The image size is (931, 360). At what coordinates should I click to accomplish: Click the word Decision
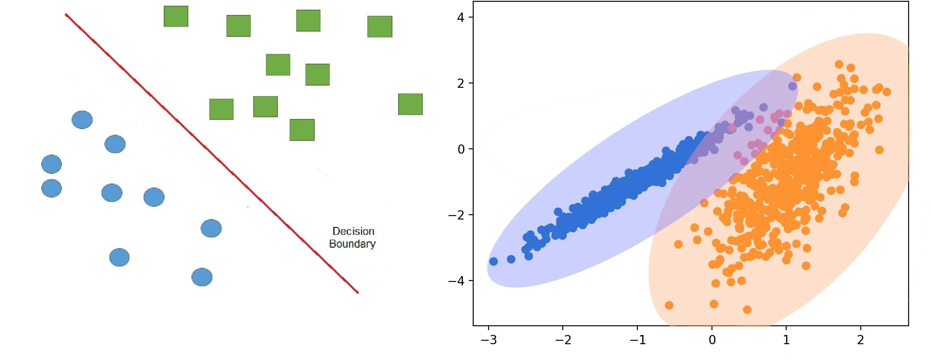(x=353, y=231)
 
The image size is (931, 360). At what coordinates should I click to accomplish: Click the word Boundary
(x=352, y=244)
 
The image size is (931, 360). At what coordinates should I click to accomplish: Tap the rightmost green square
(x=410, y=104)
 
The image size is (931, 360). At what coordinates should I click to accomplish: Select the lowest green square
(x=302, y=130)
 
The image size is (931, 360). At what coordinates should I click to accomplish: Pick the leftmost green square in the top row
(x=176, y=16)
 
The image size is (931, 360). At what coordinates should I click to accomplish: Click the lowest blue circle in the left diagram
(x=202, y=277)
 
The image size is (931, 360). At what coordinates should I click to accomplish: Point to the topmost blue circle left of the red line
(x=82, y=120)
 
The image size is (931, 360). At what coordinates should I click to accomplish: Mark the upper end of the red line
(x=66, y=15)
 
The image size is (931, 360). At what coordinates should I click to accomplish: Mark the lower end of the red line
(x=358, y=292)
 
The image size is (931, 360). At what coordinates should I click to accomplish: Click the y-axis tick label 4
(x=460, y=18)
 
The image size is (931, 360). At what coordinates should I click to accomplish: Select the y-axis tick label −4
(x=457, y=281)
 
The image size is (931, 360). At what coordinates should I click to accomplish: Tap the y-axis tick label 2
(x=460, y=83)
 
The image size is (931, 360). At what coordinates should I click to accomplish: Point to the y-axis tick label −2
(x=457, y=215)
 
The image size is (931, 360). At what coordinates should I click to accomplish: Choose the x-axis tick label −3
(x=489, y=340)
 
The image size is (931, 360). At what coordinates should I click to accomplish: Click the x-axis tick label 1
(x=786, y=340)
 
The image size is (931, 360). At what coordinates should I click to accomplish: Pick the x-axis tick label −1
(x=637, y=340)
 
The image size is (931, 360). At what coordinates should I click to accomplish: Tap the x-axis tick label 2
(x=860, y=340)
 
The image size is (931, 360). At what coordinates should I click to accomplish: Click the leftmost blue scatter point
(x=493, y=261)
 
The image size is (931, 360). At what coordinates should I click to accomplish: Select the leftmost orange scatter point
(x=669, y=305)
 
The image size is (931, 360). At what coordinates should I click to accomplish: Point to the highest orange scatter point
(x=839, y=65)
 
